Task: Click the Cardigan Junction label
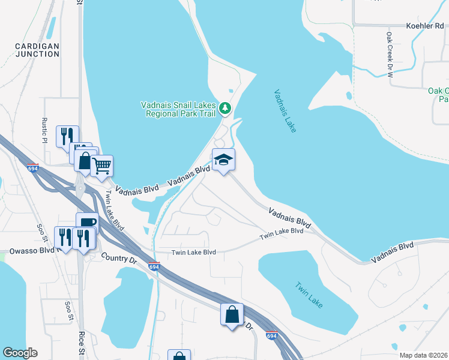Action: point(37,50)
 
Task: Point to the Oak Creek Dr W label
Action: point(389,55)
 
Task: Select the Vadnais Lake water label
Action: point(285,111)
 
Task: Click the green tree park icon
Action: point(225,108)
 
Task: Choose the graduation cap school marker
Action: point(223,160)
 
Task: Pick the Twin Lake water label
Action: point(309,295)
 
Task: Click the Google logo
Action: point(20,353)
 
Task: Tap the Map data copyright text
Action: point(423,355)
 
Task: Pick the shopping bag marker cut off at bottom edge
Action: point(179,355)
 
